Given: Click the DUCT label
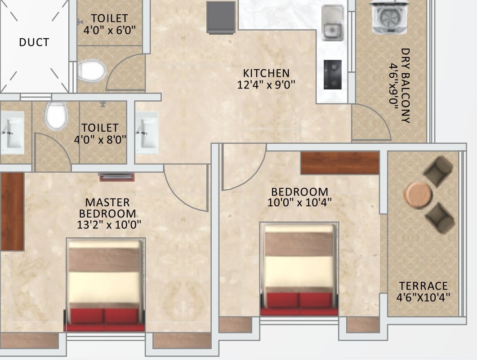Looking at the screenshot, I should (x=34, y=43).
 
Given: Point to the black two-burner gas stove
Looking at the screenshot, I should (x=333, y=74).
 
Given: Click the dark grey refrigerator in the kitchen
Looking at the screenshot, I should (x=221, y=17).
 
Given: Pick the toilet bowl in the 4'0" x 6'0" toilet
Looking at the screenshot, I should (x=91, y=71).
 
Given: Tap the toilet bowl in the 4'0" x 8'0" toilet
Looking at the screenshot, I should (x=56, y=115).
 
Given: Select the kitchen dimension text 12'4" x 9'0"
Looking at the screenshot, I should (x=266, y=84).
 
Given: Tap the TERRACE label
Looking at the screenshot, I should (x=424, y=286).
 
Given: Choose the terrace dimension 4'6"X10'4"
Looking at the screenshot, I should (x=424, y=297).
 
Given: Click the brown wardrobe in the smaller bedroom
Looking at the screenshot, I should (x=340, y=163).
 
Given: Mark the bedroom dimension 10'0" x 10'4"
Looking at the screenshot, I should (x=299, y=203).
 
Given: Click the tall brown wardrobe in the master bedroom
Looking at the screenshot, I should (x=12, y=211).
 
